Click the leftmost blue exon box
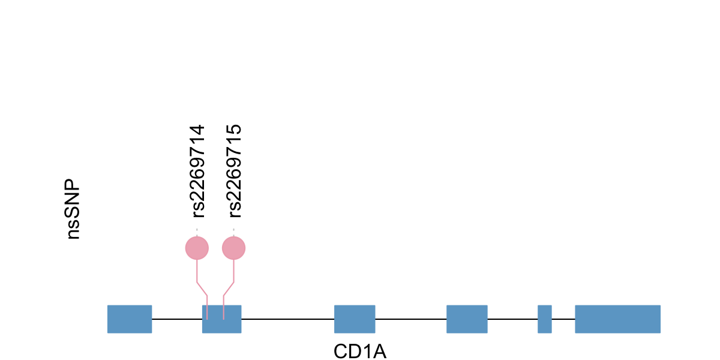coord(130,319)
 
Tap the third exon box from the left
coord(355,319)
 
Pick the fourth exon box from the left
coord(467,319)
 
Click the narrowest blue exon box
coord(545,319)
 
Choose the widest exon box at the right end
coord(617,319)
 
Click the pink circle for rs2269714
coord(197,248)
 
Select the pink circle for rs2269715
coord(234,248)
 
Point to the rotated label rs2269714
coord(197,171)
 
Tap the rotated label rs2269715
coord(234,171)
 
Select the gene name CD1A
coord(360,351)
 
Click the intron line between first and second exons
coord(177,319)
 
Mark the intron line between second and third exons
coord(288,319)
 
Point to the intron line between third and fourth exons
coord(411,319)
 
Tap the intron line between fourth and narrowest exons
coord(512,319)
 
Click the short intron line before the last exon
coord(563,319)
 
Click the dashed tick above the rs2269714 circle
coord(197,230)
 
